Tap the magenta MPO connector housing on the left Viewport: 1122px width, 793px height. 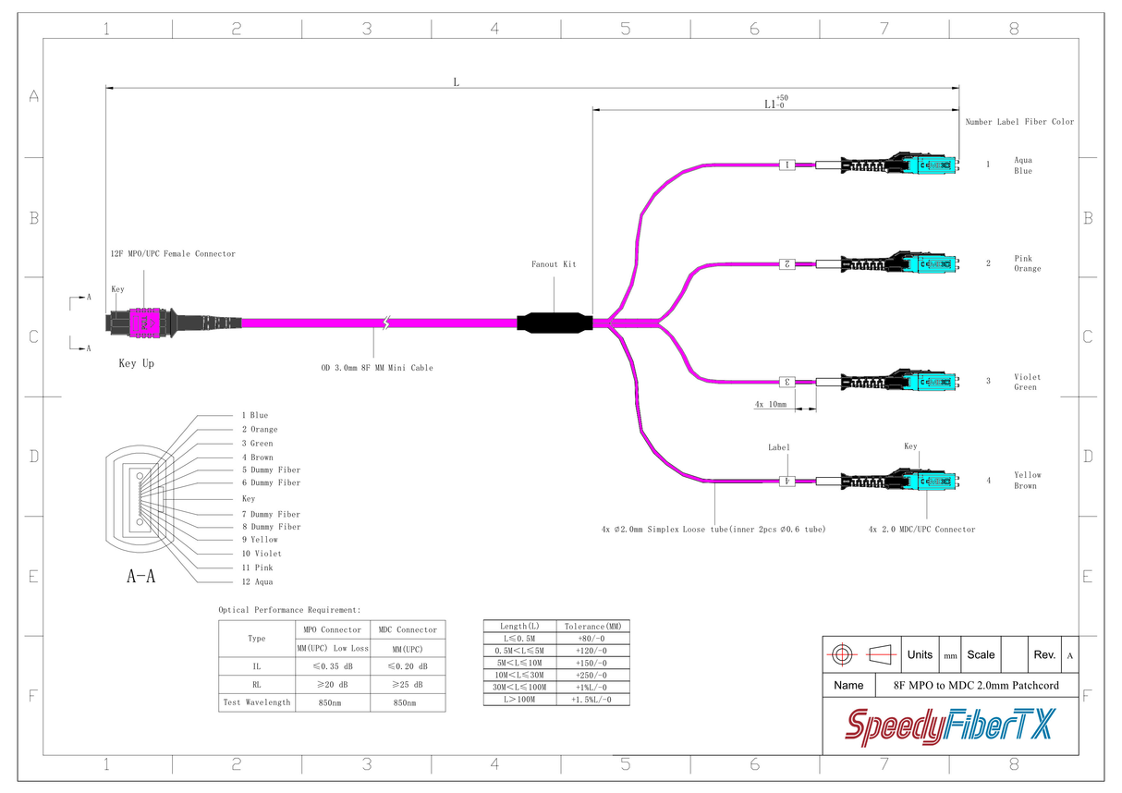[x=144, y=323]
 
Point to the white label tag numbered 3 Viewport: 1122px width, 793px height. [x=787, y=381]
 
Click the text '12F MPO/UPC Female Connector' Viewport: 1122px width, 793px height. [x=172, y=254]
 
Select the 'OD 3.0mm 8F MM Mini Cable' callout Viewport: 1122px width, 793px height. [x=376, y=368]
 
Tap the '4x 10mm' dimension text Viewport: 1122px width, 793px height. [x=770, y=405]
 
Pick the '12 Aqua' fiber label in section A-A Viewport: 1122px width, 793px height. [x=257, y=582]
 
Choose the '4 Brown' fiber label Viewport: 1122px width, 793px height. [x=257, y=457]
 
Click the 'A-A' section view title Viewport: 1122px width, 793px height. [x=140, y=577]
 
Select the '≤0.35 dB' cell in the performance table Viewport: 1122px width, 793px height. [x=332, y=666]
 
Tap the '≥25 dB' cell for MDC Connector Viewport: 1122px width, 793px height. [x=407, y=685]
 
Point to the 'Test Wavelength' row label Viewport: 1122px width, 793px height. [x=256, y=702]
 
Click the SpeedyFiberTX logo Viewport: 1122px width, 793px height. [x=949, y=726]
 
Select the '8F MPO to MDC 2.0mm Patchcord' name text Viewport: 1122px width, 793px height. [x=975, y=686]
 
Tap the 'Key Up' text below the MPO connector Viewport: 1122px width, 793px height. [x=136, y=364]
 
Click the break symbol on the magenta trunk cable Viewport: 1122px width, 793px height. [x=387, y=323]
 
